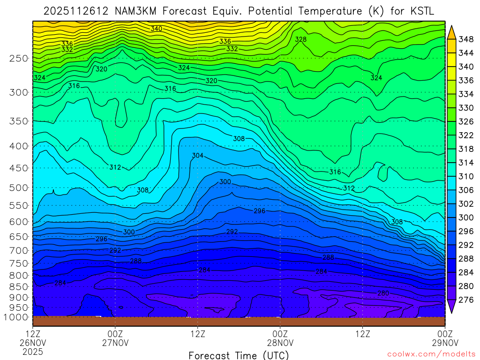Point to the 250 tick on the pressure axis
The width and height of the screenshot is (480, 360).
18,59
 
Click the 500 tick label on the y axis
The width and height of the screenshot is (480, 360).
18,188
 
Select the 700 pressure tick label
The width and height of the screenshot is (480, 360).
18,250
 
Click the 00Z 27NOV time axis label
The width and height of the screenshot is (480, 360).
115,338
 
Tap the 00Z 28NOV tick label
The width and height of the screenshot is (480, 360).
280,338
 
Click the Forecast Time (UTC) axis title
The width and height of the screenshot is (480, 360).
239,355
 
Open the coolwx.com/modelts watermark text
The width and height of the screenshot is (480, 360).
430,354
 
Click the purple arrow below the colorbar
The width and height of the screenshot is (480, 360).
452,307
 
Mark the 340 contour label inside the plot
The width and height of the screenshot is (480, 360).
156,29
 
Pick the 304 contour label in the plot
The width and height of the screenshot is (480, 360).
198,156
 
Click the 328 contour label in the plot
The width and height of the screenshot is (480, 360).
300,39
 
